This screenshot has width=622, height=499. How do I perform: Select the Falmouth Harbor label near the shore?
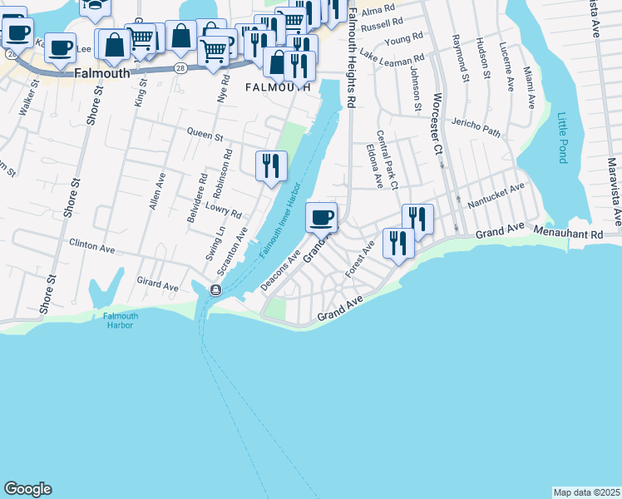[x=121, y=320]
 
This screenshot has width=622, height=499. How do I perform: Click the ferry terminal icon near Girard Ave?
[x=215, y=289]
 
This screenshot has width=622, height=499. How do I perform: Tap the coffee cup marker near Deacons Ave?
[x=322, y=218]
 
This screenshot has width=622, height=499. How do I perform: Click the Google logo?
[x=27, y=489]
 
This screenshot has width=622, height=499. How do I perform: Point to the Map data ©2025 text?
[x=586, y=492]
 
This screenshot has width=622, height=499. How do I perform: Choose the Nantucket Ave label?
[x=496, y=194]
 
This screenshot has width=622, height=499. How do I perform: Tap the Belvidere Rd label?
[x=202, y=189]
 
